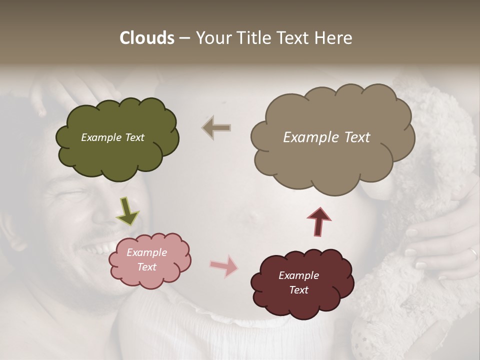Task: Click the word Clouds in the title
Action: point(147,38)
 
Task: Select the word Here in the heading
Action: point(333,38)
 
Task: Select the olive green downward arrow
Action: point(127,210)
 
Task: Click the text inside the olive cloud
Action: point(112,137)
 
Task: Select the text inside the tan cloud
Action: point(326,137)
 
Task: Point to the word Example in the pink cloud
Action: point(146,252)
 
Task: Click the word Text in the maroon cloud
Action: point(298,290)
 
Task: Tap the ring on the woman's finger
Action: point(473,254)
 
